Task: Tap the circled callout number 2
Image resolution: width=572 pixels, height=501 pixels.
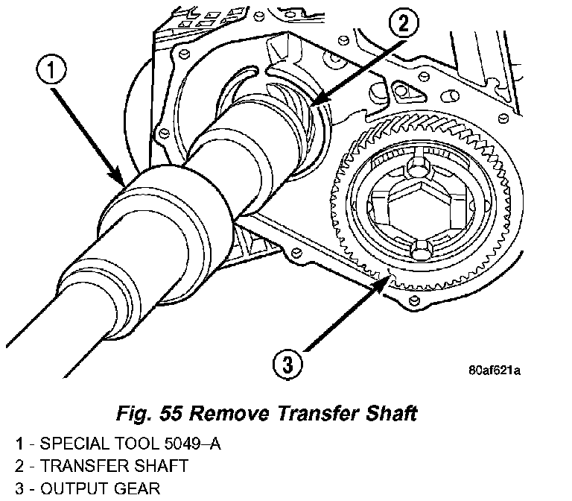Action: (x=403, y=25)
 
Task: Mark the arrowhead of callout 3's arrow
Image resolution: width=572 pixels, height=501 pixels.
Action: (x=390, y=277)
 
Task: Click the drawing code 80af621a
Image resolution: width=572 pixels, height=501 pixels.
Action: (x=495, y=368)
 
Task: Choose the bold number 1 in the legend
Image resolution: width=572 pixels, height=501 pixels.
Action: (x=18, y=444)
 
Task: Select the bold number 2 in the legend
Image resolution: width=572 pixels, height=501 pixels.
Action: (x=18, y=466)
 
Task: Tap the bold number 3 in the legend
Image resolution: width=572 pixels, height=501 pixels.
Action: (x=18, y=488)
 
